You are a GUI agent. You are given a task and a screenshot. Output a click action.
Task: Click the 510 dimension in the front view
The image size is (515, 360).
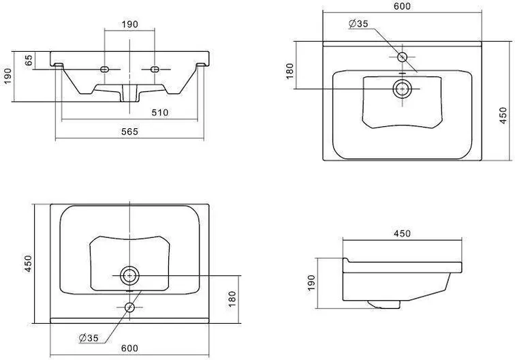click(160, 112)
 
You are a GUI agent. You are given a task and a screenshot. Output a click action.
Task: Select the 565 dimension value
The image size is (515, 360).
click(129, 132)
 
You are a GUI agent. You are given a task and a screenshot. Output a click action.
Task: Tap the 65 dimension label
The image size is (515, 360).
click(29, 60)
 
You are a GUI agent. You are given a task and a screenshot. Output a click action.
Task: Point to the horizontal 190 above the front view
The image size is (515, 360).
click(129, 24)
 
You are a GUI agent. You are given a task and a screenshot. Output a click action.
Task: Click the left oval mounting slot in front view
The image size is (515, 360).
click(104, 70)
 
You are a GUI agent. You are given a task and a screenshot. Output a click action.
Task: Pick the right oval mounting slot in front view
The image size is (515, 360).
click(155, 70)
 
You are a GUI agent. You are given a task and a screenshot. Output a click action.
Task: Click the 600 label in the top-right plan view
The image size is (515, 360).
click(402, 6)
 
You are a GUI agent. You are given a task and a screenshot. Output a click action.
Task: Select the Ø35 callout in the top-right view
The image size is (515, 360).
click(358, 24)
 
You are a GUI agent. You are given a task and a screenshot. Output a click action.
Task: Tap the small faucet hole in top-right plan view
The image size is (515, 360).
click(403, 57)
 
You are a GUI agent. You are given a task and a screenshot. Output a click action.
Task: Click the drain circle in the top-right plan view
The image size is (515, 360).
click(403, 89)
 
